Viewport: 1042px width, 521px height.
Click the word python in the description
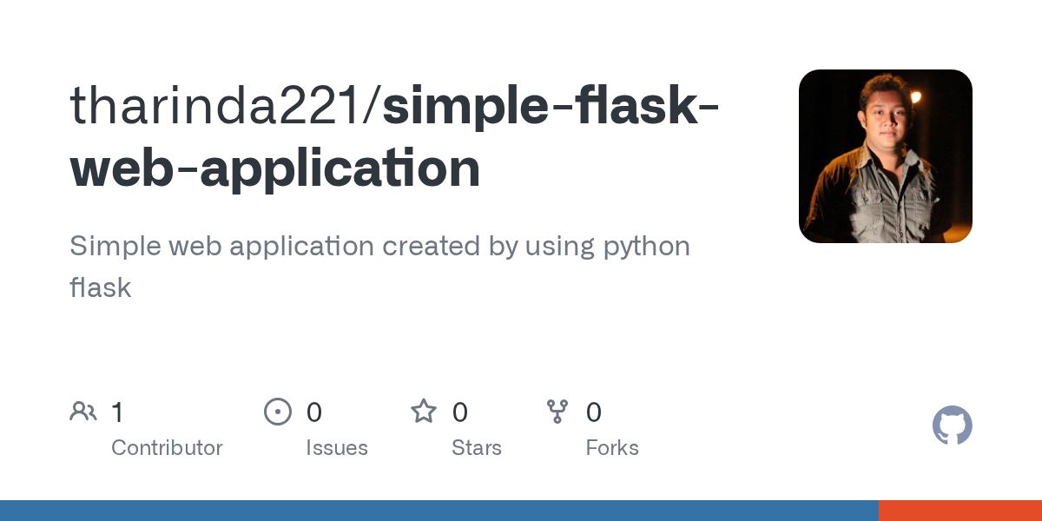point(646,247)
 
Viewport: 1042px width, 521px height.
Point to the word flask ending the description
point(100,287)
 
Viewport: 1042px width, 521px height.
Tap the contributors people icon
point(83,412)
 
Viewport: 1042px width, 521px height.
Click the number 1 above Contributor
point(117,412)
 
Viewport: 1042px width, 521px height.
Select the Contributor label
point(167,448)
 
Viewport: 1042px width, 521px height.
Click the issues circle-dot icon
point(278,412)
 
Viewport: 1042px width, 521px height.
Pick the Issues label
point(336,448)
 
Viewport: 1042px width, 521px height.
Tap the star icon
point(424,412)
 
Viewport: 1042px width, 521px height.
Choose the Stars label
point(476,448)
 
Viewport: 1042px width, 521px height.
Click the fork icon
point(557,412)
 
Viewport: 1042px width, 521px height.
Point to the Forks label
point(612,448)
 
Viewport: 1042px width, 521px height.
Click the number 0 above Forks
point(594,412)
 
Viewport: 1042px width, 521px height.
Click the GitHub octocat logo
point(952,425)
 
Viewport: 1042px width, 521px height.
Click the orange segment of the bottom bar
point(960,511)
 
